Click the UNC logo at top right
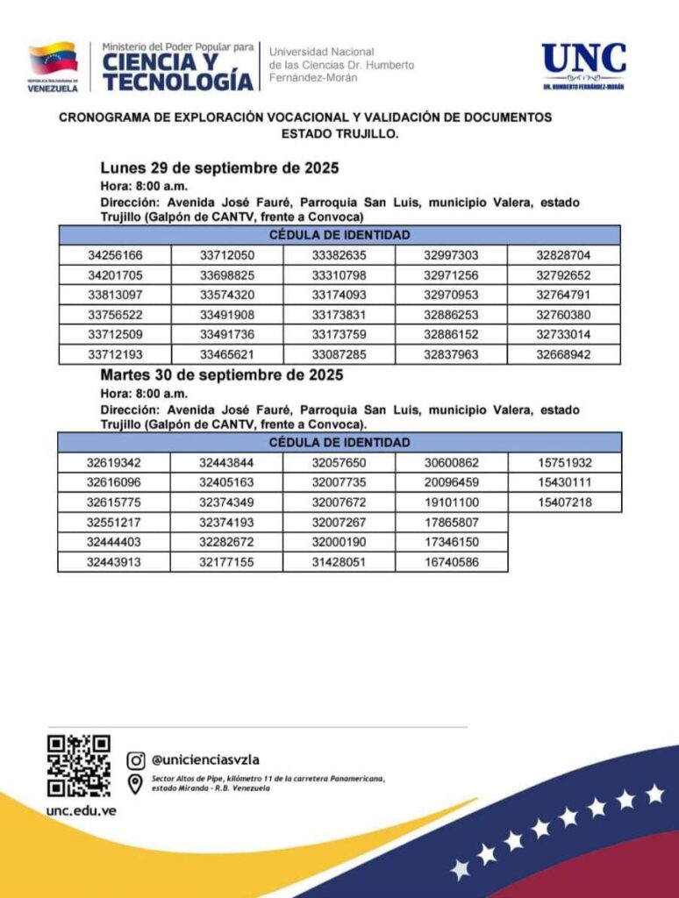[583, 67]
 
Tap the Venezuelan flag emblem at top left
[53, 59]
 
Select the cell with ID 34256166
[115, 256]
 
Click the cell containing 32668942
[563, 355]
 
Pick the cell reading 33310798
[339, 275]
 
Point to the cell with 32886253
[451, 315]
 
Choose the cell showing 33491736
[227, 335]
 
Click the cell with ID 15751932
[564, 463]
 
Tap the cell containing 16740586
[451, 562]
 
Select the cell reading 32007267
[339, 523]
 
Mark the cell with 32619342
[114, 463]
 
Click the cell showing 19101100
[451, 502]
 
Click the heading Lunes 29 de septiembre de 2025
[219, 167]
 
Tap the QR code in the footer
[79, 766]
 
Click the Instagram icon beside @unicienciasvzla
[136, 759]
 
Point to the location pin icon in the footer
[136, 783]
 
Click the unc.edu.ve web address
[81, 810]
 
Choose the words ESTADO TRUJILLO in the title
[339, 134]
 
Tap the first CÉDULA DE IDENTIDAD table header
[339, 235]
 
